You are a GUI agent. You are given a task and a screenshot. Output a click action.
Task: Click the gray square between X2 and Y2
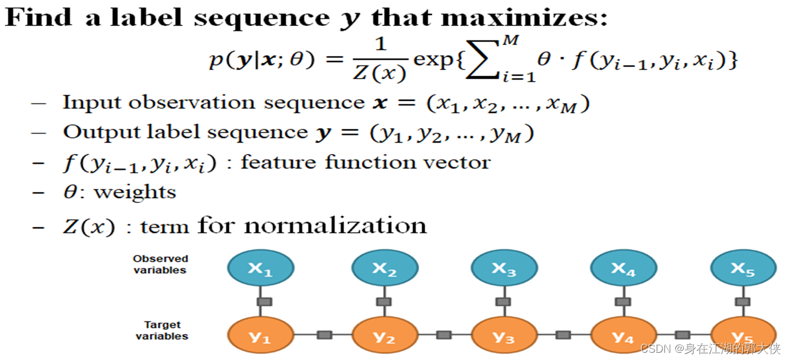pos(383,301)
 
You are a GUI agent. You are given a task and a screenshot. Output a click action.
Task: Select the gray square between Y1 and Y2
pos(324,334)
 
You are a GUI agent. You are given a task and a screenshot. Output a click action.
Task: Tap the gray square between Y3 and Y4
pos(563,334)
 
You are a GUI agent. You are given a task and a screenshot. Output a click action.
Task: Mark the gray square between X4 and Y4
pos(623,301)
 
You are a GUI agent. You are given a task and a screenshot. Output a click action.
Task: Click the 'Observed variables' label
pos(161,265)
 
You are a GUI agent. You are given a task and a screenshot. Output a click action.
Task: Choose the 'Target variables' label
pos(162,330)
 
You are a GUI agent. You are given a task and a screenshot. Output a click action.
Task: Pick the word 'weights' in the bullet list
pos(135,193)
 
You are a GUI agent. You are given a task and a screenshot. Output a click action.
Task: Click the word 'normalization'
pos(336,225)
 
